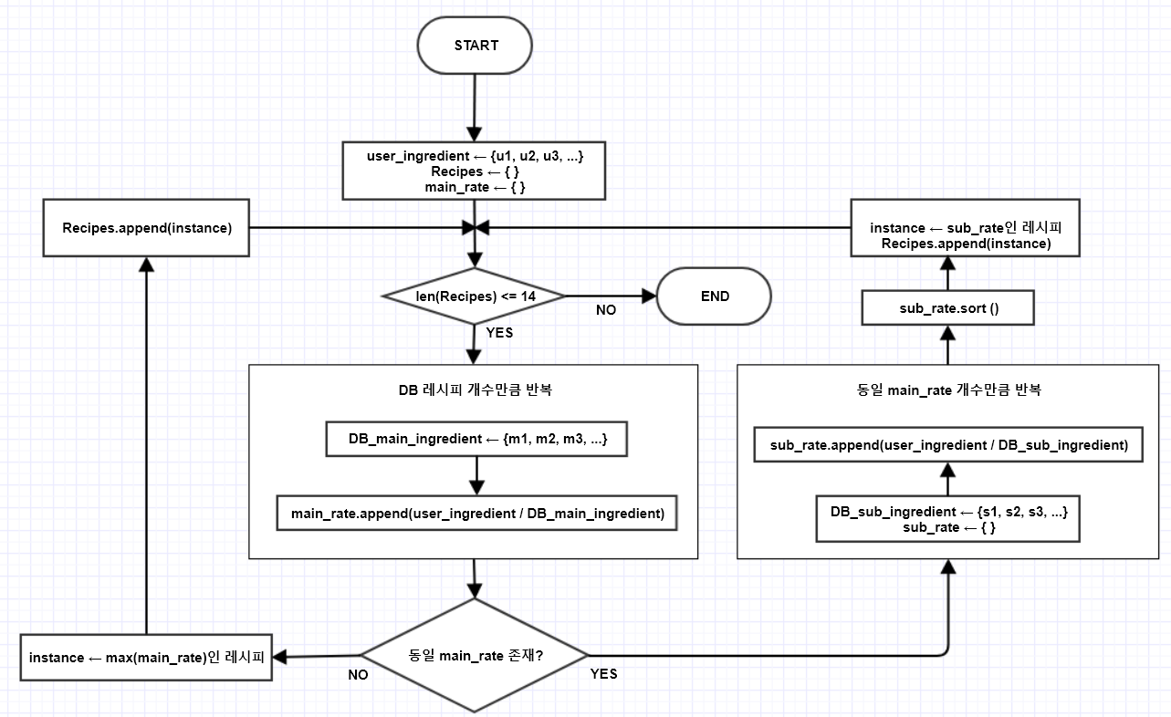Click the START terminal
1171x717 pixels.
[475, 45]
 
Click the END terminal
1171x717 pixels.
[714, 296]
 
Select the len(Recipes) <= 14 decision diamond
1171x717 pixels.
[475, 296]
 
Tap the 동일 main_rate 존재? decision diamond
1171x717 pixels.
[475, 655]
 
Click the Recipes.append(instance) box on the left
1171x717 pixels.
[146, 228]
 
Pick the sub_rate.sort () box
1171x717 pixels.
[947, 308]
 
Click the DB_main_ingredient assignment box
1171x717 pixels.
[476, 439]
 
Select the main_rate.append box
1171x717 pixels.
[476, 513]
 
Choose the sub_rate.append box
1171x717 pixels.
[948, 445]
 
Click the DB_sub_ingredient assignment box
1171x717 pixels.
[948, 519]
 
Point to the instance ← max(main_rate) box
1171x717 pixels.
[146, 658]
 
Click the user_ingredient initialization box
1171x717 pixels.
[475, 171]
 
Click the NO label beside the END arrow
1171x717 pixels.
[606, 310]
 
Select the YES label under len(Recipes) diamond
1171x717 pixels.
[499, 333]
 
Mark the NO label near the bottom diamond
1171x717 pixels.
[358, 675]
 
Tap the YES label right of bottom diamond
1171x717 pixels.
[603, 674]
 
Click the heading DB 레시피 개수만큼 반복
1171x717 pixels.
[475, 390]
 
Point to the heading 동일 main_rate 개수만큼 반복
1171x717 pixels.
[948, 390]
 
